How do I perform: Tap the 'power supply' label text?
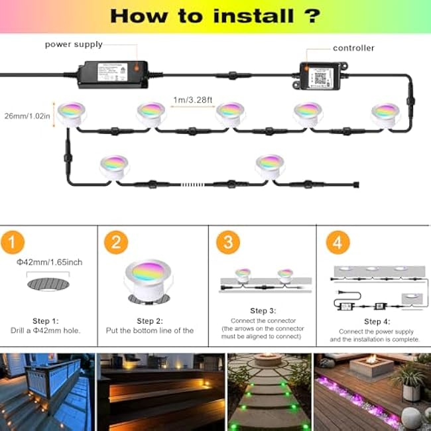[x=74, y=44]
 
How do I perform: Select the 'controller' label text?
[x=353, y=48]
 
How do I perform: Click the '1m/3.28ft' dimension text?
[x=192, y=100]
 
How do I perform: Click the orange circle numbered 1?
[x=13, y=243]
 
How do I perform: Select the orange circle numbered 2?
[x=116, y=243]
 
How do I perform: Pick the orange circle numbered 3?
[x=228, y=243]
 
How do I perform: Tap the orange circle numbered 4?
[x=338, y=243]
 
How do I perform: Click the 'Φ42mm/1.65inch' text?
[x=50, y=263]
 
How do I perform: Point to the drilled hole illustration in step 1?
[x=48, y=284]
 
